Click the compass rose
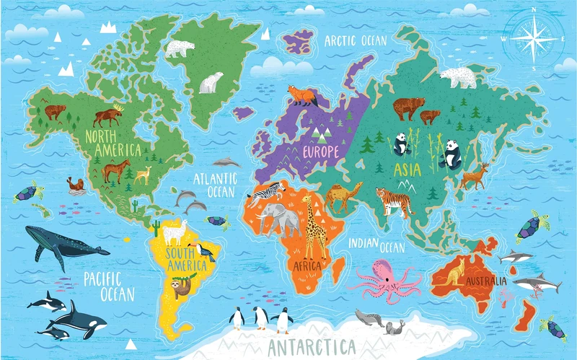click(x=534, y=37)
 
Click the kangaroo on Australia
click(x=455, y=271)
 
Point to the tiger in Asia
click(x=393, y=201)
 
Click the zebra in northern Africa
click(x=268, y=191)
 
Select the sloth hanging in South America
click(x=188, y=286)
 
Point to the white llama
click(x=172, y=234)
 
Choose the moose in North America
click(x=107, y=116)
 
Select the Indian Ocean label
click(x=376, y=245)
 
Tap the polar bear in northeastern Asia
click(x=459, y=76)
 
